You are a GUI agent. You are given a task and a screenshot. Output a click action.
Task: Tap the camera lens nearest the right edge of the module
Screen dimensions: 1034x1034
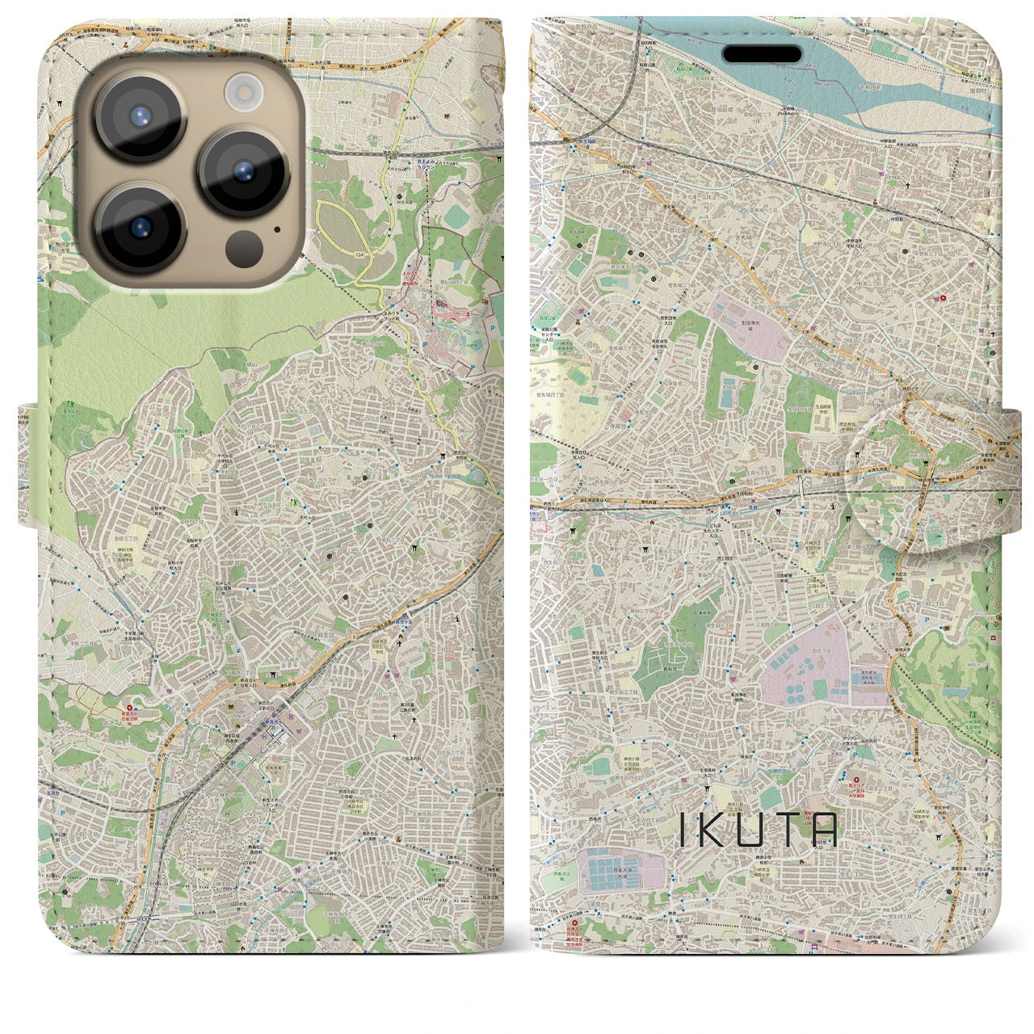244,172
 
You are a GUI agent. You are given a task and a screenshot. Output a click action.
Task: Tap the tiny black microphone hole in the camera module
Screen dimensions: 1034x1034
278,229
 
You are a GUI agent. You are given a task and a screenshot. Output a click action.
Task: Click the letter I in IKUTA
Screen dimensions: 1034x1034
684,830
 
